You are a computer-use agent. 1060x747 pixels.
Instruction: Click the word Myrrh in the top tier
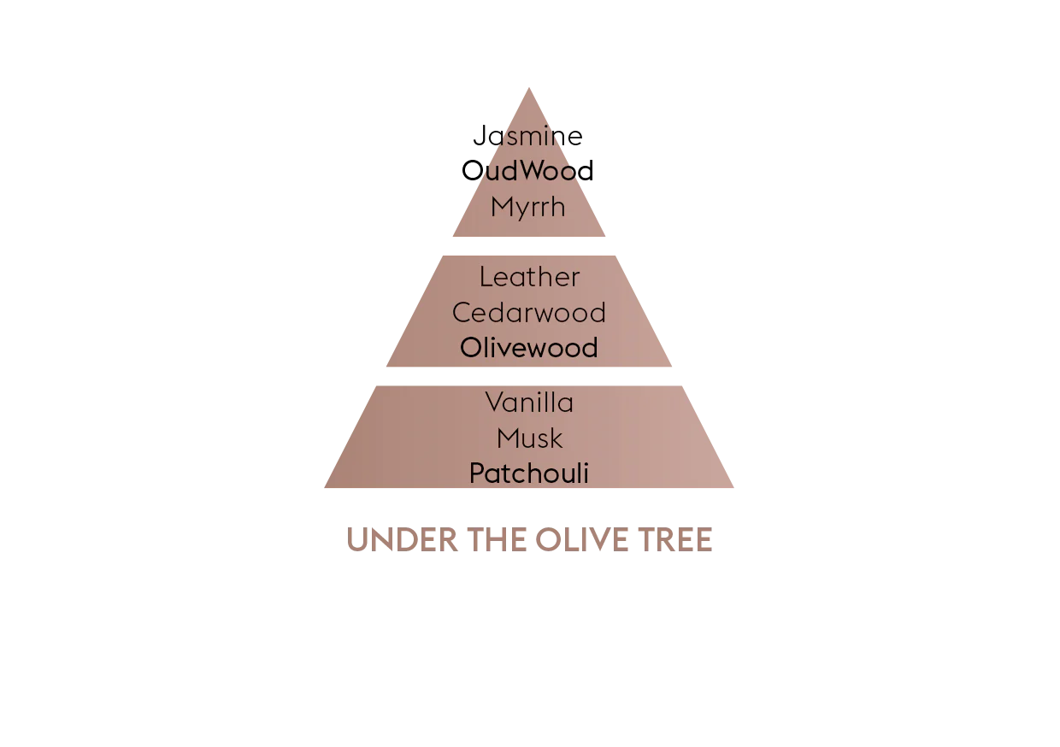[x=529, y=207]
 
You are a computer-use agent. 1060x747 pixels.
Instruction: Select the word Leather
[x=529, y=277]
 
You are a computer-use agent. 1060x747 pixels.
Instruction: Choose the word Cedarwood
[x=529, y=313]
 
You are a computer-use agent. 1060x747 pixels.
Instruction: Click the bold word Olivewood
[x=529, y=348]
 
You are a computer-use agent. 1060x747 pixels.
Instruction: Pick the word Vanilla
[x=529, y=402]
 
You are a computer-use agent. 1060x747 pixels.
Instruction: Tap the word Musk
[x=529, y=438]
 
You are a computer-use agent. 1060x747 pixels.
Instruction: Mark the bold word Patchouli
[x=529, y=473]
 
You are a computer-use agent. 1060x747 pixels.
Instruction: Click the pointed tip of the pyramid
[x=530, y=85]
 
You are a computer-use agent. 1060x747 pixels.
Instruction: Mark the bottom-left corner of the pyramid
[x=324, y=490]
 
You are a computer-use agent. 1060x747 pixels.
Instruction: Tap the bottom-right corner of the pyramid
[x=736, y=490]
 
